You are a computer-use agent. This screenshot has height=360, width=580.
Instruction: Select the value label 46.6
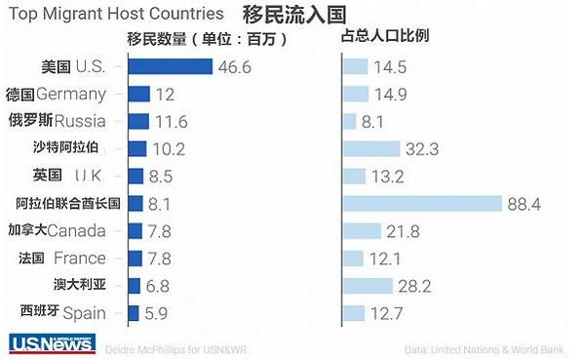tap(234, 67)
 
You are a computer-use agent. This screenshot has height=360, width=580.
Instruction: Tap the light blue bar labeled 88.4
tap(422, 203)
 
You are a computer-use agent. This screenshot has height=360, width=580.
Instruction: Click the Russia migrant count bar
tap(138, 121)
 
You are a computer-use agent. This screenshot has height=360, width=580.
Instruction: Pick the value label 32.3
tap(422, 148)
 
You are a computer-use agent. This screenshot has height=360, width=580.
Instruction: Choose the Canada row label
tap(70, 230)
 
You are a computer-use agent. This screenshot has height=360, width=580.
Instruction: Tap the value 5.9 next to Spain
tap(157, 313)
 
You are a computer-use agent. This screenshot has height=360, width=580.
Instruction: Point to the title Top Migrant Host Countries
tap(115, 14)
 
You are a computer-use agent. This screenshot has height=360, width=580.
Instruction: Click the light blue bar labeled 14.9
tap(356, 94)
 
